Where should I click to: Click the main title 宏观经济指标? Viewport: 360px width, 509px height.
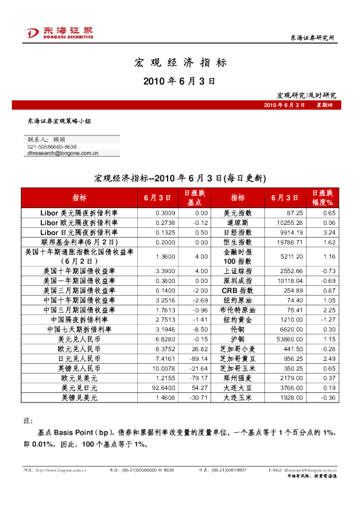pyautogui.click(x=180, y=62)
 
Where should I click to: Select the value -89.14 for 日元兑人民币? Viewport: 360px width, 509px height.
pyautogui.click(x=198, y=358)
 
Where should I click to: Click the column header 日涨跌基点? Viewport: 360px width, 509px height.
pyautogui.click(x=194, y=198)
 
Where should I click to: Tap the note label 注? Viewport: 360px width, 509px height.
pyautogui.click(x=27, y=420)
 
